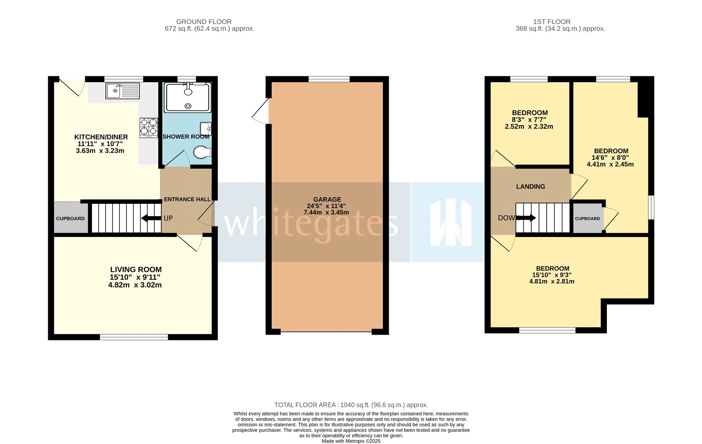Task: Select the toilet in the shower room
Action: (202, 153)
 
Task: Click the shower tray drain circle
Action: (188, 106)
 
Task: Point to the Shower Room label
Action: (186, 137)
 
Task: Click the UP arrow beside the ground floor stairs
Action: (151, 218)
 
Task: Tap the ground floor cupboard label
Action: (70, 219)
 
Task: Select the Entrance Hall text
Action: (187, 199)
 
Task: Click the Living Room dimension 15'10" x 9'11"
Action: (135, 277)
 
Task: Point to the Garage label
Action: (327, 199)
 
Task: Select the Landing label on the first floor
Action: (530, 187)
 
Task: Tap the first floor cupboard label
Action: (587, 219)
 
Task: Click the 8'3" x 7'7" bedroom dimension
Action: (529, 119)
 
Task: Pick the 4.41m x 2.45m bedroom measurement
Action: (610, 164)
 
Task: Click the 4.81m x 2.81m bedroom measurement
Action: (552, 282)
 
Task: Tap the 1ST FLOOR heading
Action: (552, 22)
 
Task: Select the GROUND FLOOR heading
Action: (204, 22)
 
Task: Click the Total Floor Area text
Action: (351, 405)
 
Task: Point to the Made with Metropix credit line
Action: (351, 441)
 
